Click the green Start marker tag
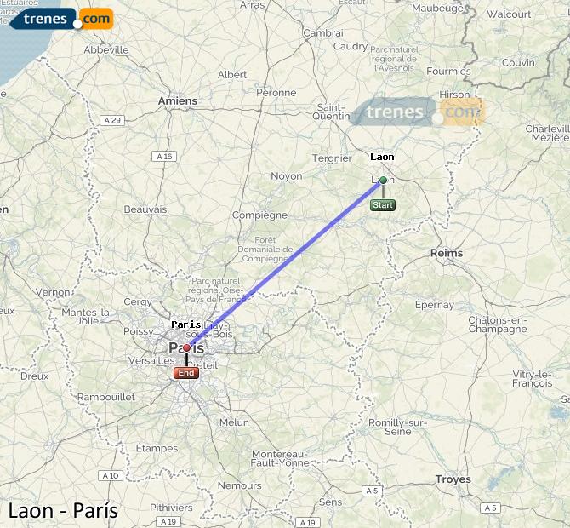382,205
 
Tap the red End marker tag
185,373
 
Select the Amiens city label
177,100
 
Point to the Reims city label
447,253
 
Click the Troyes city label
453,479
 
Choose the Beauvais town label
145,209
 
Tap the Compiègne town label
259,215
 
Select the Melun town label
234,422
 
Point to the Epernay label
434,304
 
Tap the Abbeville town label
105,50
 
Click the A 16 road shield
164,156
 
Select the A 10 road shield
110,475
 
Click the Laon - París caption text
63,511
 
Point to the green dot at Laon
383,180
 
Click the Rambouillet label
105,397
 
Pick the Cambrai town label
323,32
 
